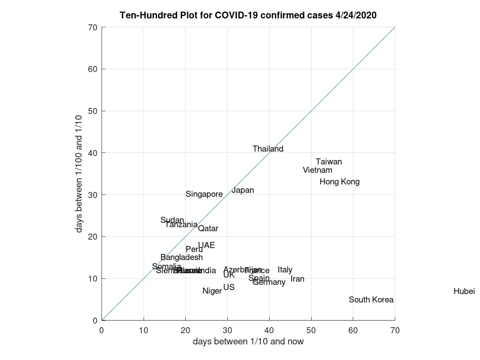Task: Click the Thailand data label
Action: coord(268,149)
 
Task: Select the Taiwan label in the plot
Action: coord(328,162)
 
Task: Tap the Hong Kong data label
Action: coord(339,182)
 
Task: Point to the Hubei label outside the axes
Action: coord(464,291)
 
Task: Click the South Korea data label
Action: coord(371,300)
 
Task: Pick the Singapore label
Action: coord(204,194)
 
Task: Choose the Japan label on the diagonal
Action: coord(243,190)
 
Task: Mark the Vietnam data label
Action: coord(317,170)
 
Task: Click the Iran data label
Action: coord(297,279)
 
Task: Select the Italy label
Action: coord(285,270)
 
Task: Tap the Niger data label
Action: coord(212,291)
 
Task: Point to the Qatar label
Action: coord(208,228)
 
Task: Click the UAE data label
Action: coord(206,245)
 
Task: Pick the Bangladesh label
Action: coord(181,257)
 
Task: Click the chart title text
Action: coord(248,15)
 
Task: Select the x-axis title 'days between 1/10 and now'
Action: coord(248,341)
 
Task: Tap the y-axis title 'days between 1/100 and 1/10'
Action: coord(79,173)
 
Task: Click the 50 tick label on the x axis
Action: coord(311,330)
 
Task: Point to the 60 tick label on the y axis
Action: coord(93,69)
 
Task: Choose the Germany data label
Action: coord(269,282)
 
